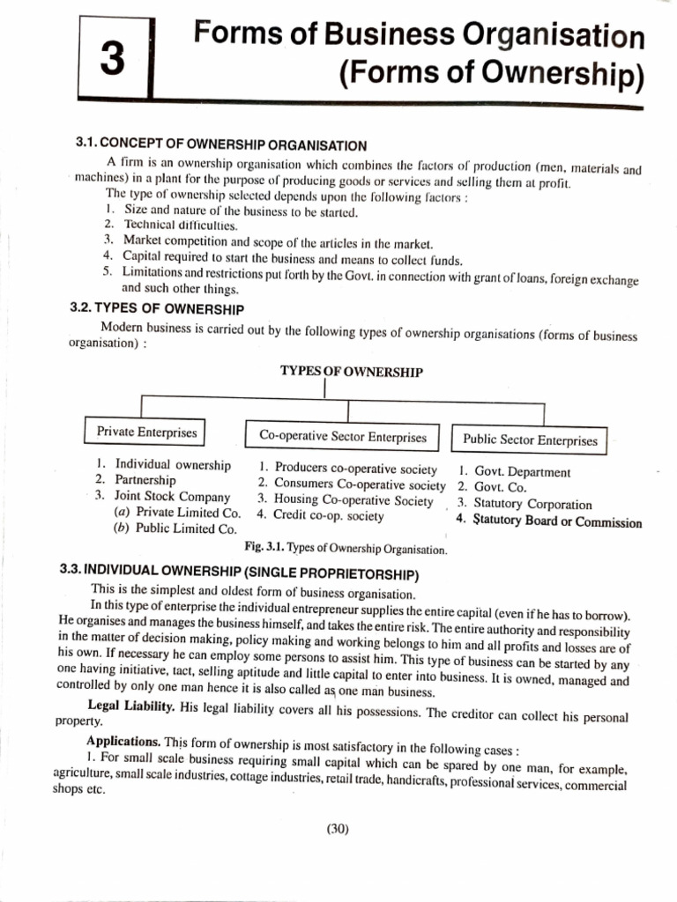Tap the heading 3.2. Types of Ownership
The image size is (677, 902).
coord(157,308)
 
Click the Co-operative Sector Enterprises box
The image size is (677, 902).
coord(343,437)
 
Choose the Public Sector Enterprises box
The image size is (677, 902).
coord(530,440)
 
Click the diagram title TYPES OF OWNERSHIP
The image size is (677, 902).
coord(351,372)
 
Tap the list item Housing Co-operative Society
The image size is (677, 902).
coord(353,499)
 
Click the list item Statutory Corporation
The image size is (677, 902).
coord(532,505)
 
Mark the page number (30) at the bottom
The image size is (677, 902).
coord(338,827)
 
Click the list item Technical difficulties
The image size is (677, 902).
coord(167,225)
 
